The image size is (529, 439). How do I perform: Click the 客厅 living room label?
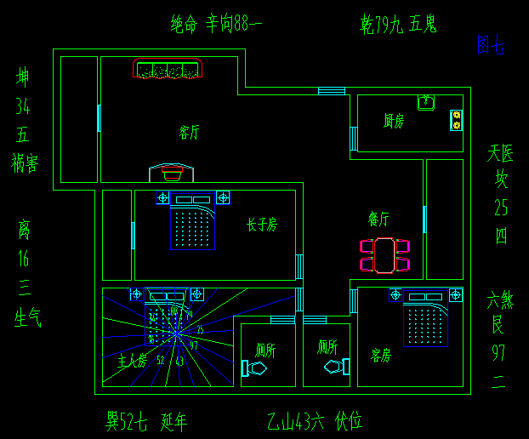[189, 132]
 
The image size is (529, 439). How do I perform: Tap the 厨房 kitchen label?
[393, 122]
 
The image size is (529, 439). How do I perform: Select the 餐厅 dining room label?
[378, 219]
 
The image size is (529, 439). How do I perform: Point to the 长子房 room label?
[261, 225]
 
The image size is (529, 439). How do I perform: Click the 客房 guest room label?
[380, 354]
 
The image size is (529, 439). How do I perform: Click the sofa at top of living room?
[168, 70]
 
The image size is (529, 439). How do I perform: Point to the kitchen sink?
[425, 103]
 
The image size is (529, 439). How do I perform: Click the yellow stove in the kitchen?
[457, 120]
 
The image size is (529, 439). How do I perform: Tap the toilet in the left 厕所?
[254, 368]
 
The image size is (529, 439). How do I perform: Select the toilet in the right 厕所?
[337, 367]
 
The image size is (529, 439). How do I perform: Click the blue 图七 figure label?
[490, 45]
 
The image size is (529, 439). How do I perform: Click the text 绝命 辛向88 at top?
[216, 25]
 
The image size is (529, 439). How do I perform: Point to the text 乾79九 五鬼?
[398, 25]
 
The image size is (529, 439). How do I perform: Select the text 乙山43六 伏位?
[314, 420]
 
